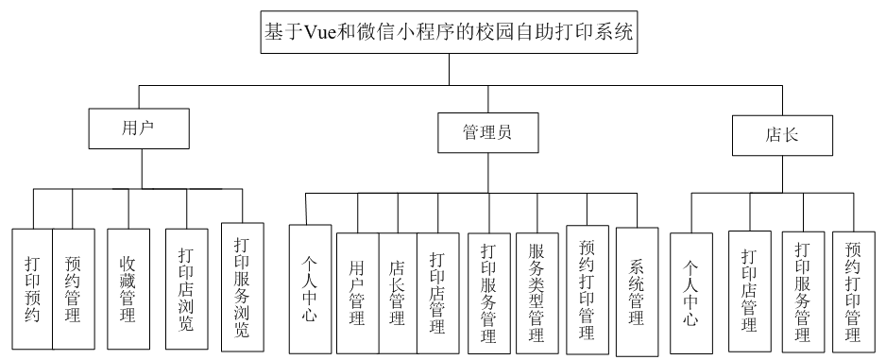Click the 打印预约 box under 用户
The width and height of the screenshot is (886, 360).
(x=32, y=287)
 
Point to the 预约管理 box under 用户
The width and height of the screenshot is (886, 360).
(x=72, y=287)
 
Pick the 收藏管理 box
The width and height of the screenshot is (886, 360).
(x=128, y=287)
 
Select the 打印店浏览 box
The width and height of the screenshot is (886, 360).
(x=186, y=287)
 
